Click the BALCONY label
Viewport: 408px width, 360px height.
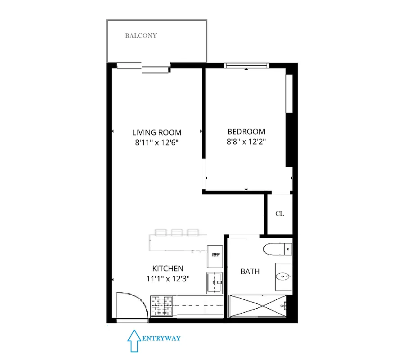click(141, 36)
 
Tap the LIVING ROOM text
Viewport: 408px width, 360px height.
click(157, 132)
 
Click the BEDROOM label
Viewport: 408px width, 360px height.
click(246, 132)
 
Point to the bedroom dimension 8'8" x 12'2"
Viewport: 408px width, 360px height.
click(246, 142)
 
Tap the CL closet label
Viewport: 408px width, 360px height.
click(280, 214)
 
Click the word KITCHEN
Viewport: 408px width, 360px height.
click(168, 269)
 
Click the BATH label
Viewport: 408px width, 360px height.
click(250, 271)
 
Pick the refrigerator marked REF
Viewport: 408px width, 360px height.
click(215, 255)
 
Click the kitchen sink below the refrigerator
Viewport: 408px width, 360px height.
click(215, 282)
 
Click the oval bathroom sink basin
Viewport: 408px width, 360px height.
click(282, 276)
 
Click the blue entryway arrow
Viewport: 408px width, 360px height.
click(134, 341)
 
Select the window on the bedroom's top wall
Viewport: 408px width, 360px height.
click(247, 66)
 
